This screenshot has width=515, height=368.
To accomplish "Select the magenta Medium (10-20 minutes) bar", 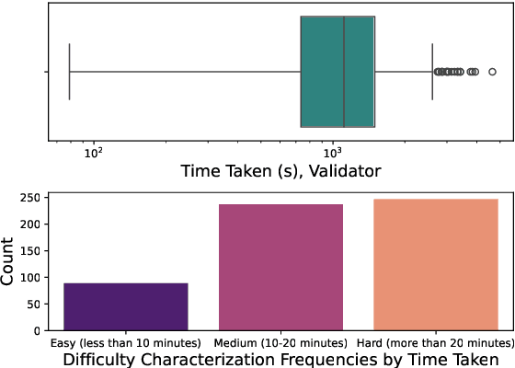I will (x=280, y=267).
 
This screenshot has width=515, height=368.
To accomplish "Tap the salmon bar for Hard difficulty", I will (x=434, y=264).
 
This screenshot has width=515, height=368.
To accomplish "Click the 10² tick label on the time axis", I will (x=93, y=152).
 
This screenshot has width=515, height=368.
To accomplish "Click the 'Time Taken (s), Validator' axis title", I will (x=280, y=171).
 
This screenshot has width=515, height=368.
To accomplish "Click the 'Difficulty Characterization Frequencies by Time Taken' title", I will (x=280, y=360).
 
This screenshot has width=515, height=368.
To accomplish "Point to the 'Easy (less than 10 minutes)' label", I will (x=125, y=342).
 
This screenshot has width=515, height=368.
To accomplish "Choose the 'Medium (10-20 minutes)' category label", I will (x=280, y=342).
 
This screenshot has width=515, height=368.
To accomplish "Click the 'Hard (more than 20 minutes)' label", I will (x=434, y=342).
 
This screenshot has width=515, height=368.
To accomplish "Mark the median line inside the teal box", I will (x=344, y=72).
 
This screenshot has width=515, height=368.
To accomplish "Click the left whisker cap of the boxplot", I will (x=70, y=72).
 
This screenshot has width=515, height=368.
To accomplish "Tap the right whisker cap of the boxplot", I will (x=432, y=72).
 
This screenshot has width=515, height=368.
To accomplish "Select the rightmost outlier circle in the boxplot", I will (x=492, y=72).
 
